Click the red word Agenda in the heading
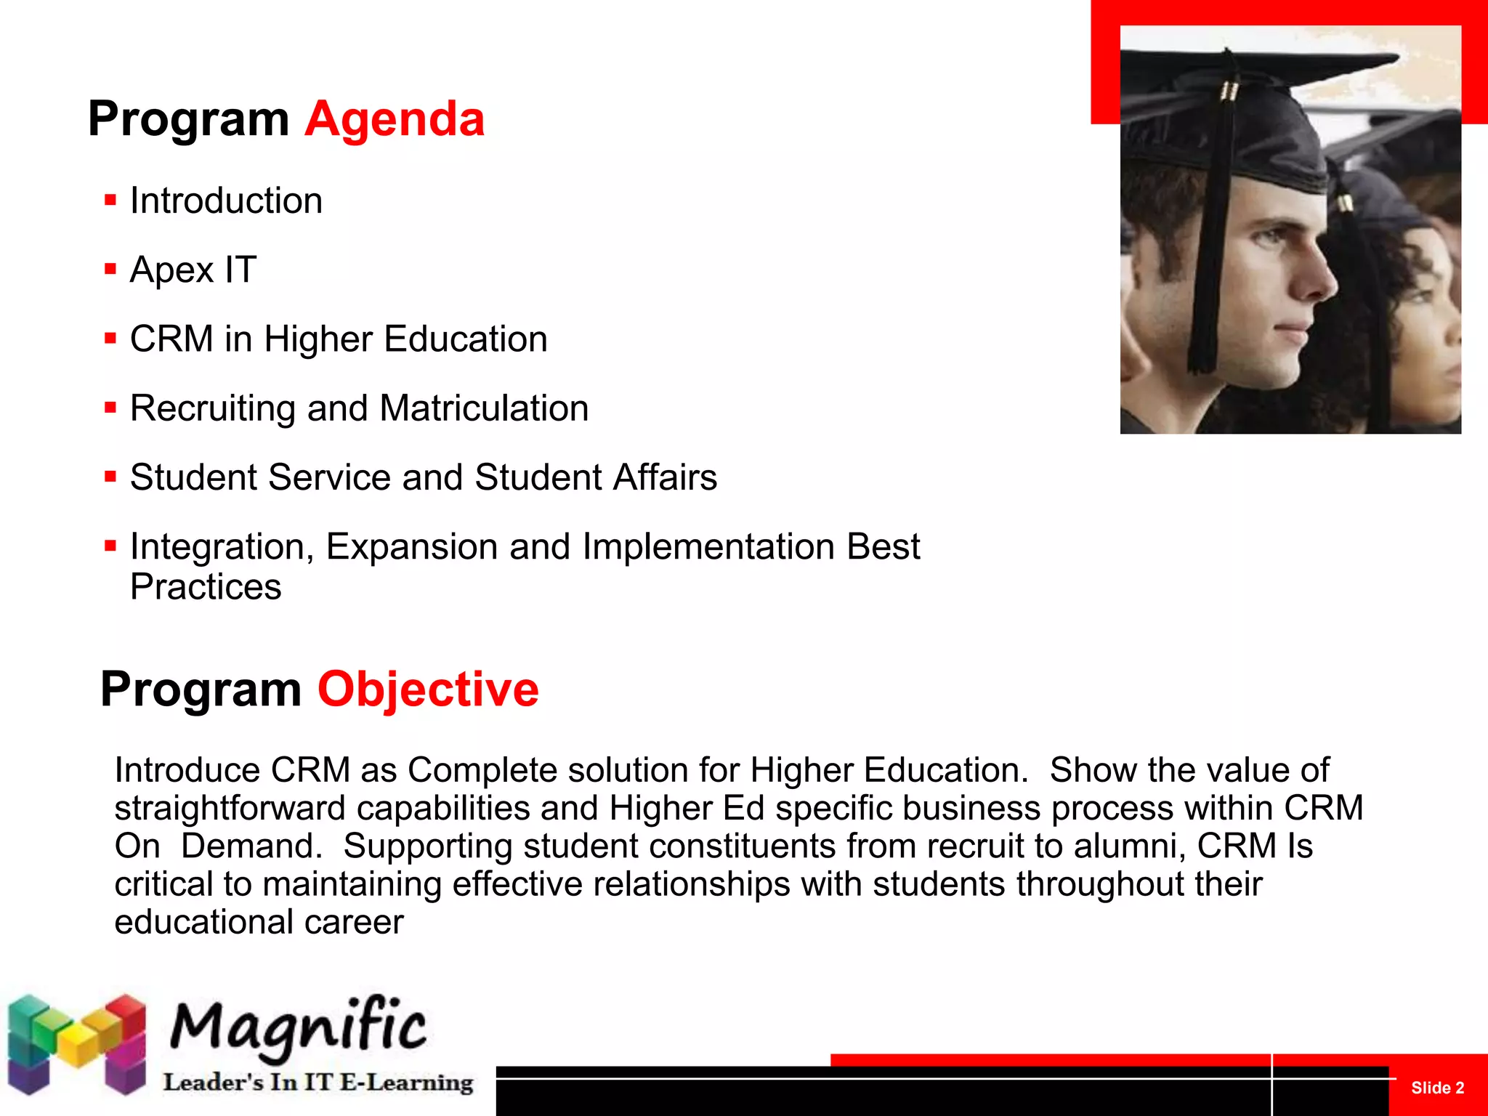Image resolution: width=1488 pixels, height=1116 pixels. [x=395, y=119]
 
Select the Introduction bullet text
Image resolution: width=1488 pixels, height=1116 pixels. [x=226, y=201]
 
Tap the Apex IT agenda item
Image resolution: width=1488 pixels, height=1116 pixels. [x=193, y=270]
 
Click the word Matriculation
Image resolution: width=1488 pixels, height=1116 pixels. [x=484, y=408]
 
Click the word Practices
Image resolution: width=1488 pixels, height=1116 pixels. [x=206, y=587]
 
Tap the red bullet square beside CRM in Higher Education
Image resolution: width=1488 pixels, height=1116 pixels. [x=110, y=339]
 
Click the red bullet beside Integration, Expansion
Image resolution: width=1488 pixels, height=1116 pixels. [x=110, y=546]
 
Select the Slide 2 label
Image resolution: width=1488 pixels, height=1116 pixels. [x=1437, y=1088]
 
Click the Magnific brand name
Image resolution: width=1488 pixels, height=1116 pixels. [x=298, y=1026]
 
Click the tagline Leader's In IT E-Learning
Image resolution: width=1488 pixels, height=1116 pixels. [x=318, y=1083]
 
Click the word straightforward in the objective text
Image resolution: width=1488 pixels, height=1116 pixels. [x=230, y=809]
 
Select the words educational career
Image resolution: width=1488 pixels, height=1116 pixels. [x=259, y=922]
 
